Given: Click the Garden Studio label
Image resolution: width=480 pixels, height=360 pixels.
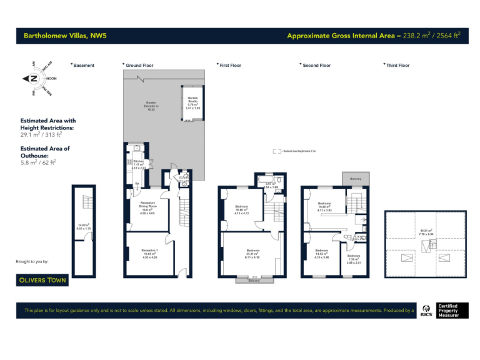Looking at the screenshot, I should tap(192, 103).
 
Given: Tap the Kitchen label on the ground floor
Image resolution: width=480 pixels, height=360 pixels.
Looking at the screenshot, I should tap(139, 164).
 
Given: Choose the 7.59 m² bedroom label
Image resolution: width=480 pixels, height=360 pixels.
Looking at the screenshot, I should tap(354, 259).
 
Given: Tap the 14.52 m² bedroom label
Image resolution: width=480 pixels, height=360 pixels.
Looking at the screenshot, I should tap(321, 254).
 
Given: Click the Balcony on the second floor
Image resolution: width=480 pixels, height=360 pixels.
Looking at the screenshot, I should tap(356, 179).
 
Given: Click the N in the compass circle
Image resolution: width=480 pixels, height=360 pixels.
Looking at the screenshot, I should tap(33, 79).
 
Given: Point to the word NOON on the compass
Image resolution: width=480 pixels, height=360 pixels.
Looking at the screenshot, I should tap(51, 79).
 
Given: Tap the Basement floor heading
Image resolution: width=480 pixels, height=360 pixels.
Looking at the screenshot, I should tap(84, 66).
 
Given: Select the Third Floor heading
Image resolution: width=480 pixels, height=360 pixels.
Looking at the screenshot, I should tap(397, 66).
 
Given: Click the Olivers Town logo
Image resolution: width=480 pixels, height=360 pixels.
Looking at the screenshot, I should tap(42, 280).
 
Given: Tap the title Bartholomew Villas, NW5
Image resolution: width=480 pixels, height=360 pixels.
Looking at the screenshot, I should tap(65, 36).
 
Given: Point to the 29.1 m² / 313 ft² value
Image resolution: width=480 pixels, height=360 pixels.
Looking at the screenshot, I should tap(41, 134).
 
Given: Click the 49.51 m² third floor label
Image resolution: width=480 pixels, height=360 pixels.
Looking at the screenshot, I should tap(426, 232).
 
